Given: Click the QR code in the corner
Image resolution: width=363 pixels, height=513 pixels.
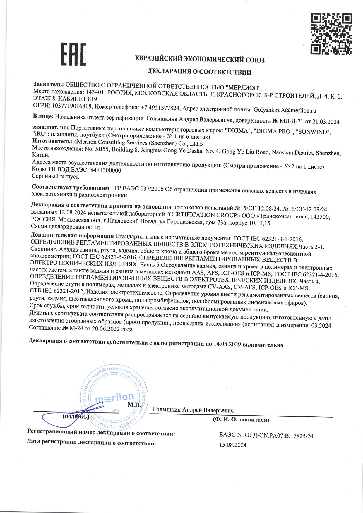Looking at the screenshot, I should [331, 34].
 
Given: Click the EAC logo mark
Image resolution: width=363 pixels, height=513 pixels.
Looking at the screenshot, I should [73, 54].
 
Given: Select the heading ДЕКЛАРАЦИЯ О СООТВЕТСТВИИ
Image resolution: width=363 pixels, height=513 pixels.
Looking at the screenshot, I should [199, 72].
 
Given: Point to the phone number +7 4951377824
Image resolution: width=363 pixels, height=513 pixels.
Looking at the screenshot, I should [160, 108].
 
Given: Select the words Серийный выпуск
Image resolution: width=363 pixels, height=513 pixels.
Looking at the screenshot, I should [55, 177].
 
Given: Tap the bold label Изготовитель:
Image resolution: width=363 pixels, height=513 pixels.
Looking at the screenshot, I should [52, 142].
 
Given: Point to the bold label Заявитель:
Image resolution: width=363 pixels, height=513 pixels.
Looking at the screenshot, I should [49, 84].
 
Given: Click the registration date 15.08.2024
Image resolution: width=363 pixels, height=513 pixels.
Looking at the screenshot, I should [233, 445].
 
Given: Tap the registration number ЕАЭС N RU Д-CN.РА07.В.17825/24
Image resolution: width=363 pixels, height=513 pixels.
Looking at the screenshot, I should [266, 436].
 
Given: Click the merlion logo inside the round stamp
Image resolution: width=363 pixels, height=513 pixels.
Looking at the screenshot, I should [114, 397].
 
